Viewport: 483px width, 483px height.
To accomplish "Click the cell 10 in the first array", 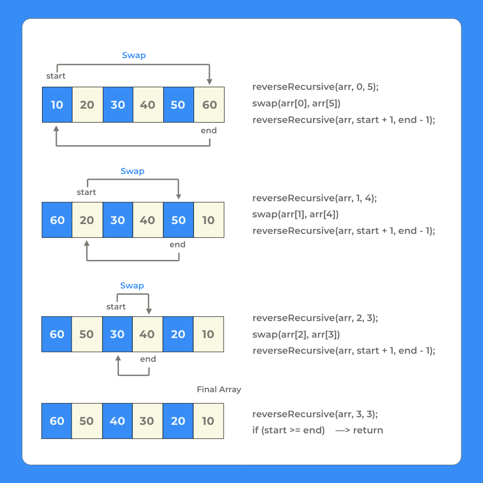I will [57, 105].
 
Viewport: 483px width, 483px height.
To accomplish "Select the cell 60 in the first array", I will [209, 105].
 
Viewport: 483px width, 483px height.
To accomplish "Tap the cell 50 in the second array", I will [178, 220].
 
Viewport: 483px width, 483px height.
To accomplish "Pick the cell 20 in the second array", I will [87, 220].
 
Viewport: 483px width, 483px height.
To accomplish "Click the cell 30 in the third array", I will [117, 334].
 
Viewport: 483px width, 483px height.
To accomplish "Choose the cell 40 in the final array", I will [117, 421].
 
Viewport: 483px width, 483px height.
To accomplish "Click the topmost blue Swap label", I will [134, 55].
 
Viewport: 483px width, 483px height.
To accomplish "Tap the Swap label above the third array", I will [132, 286].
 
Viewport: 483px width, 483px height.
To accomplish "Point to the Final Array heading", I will [219, 390].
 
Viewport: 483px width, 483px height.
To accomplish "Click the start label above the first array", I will [56, 76].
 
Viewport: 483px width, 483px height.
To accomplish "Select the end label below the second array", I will [178, 245].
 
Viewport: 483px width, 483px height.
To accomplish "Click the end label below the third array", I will [148, 359].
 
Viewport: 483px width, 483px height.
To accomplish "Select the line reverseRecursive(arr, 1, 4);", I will [314, 198].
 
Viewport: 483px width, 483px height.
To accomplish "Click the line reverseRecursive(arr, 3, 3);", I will [315, 414].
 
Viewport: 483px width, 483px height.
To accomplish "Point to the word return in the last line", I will [368, 430].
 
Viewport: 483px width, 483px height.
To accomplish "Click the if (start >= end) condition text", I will [288, 430].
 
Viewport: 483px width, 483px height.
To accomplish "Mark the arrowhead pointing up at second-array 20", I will [87, 244].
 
